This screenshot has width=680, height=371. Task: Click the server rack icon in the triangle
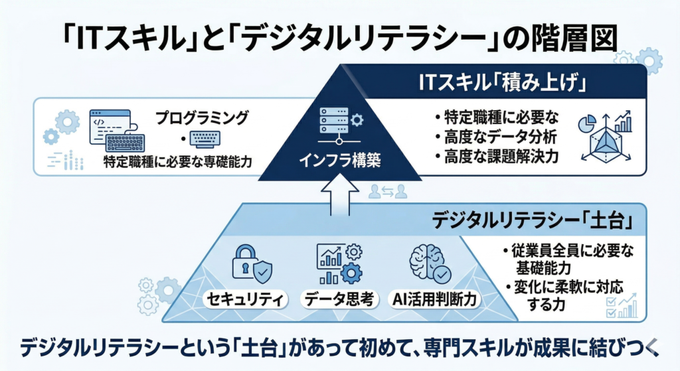pyautogui.click(x=335, y=125)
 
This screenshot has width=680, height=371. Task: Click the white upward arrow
pyautogui.click(x=339, y=196)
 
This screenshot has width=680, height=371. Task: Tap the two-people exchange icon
pyautogui.click(x=387, y=192)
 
